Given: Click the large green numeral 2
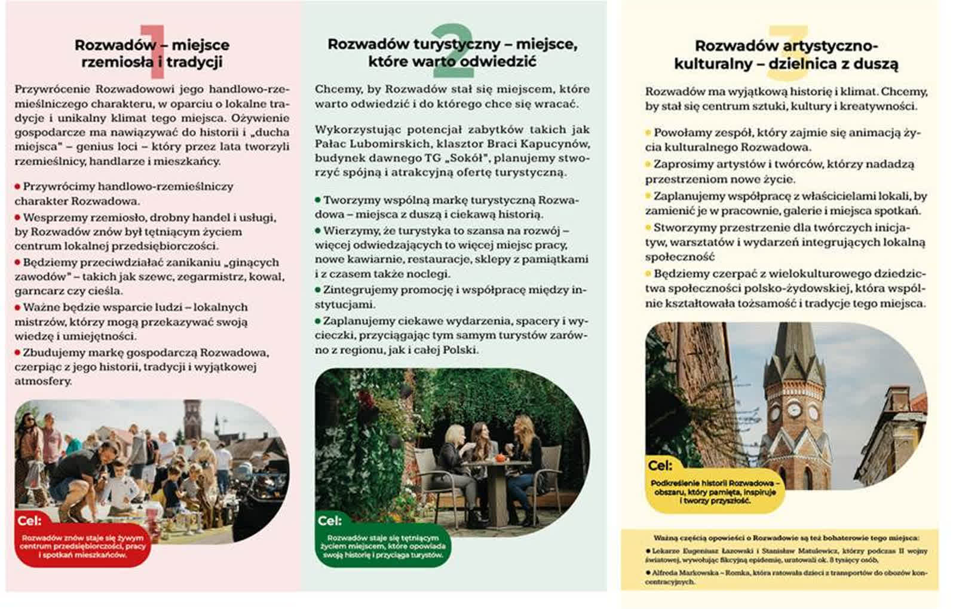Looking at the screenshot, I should coord(452,52).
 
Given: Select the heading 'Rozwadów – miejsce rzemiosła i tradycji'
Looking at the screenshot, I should coord(152,53).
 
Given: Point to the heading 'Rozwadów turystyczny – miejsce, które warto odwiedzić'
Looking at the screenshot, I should coord(452,53).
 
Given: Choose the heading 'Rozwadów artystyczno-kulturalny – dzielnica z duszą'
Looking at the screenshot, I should coord(786,55).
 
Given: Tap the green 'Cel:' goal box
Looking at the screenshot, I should coord(383,541).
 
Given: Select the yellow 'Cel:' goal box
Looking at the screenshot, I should coord(715,486).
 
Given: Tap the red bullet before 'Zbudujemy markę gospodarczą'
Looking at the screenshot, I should coord(18,353).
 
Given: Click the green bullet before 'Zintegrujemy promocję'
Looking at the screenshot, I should coord(318,290).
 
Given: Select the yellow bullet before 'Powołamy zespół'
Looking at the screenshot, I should coord(648,133).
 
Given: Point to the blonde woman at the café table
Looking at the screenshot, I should coord(454,454).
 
